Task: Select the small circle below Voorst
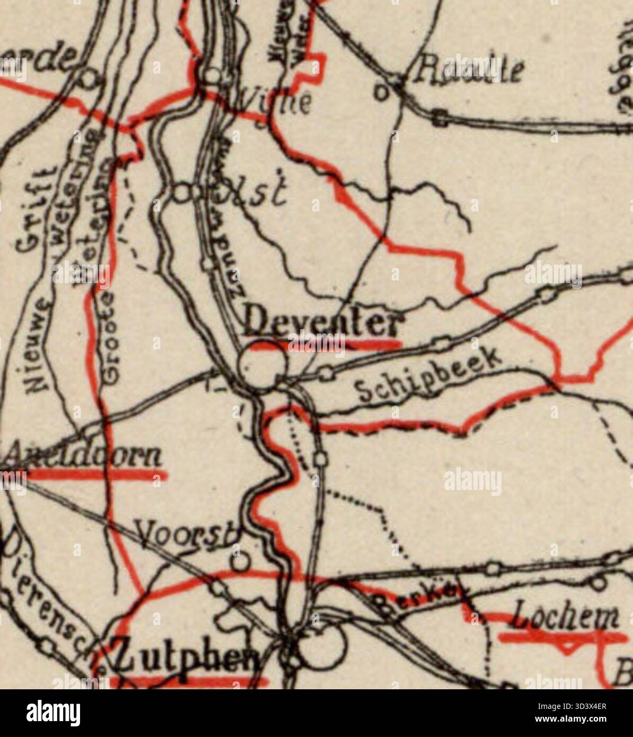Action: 241,560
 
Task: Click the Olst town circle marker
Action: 183,192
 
